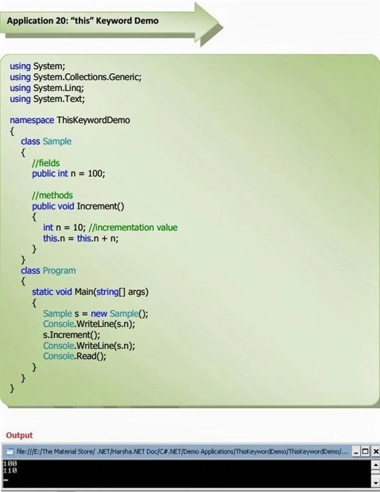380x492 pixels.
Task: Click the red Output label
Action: point(19,435)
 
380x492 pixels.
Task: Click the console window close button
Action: point(376,452)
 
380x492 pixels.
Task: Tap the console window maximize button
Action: point(365,452)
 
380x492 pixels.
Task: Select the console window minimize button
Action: point(356,452)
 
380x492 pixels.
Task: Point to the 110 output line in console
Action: point(10,470)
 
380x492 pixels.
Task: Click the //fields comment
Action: point(45,163)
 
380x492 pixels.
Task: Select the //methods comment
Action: point(53,195)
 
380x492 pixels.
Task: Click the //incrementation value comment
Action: point(133,227)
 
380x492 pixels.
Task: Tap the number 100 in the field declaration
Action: point(95,173)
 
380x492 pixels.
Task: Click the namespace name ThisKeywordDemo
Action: point(93,120)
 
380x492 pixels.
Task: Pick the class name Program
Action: point(60,270)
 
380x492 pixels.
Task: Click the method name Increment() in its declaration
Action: point(101,206)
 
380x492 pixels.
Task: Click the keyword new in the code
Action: point(99,313)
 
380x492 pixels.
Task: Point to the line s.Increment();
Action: point(72,335)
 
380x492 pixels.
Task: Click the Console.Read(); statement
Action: point(75,356)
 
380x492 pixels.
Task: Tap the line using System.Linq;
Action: point(47,88)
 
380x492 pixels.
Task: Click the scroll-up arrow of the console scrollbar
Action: point(376,464)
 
